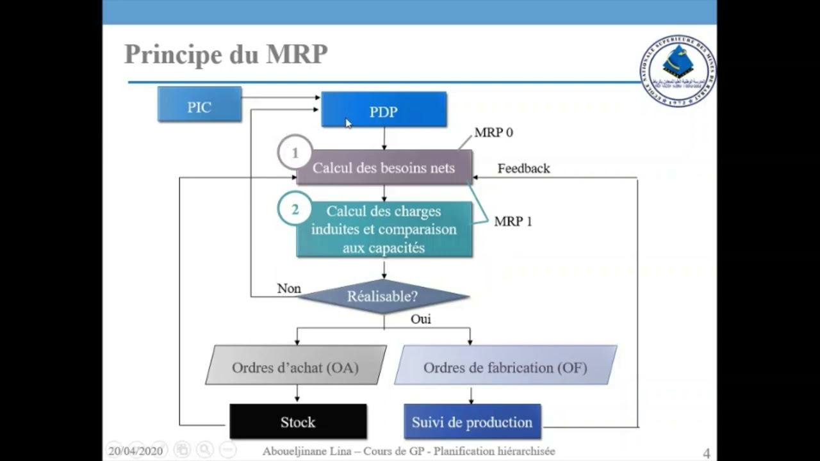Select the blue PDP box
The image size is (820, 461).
point(384,110)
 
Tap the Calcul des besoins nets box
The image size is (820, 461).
point(384,168)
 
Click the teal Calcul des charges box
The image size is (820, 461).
point(384,229)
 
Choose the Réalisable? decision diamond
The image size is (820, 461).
point(382,296)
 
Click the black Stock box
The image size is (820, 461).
point(298,422)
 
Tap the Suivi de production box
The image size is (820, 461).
point(472,422)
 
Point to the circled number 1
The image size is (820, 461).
point(295,153)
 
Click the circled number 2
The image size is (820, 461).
point(295,209)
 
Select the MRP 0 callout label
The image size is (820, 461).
point(493,133)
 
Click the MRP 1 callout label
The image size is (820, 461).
point(512,222)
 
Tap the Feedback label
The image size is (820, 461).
point(523,168)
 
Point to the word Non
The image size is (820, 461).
point(289,289)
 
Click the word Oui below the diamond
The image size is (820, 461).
point(420,319)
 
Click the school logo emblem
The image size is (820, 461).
point(677,70)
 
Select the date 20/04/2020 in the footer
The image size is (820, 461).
point(135,451)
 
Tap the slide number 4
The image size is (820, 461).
point(707,453)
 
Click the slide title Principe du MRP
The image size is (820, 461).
point(225,55)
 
